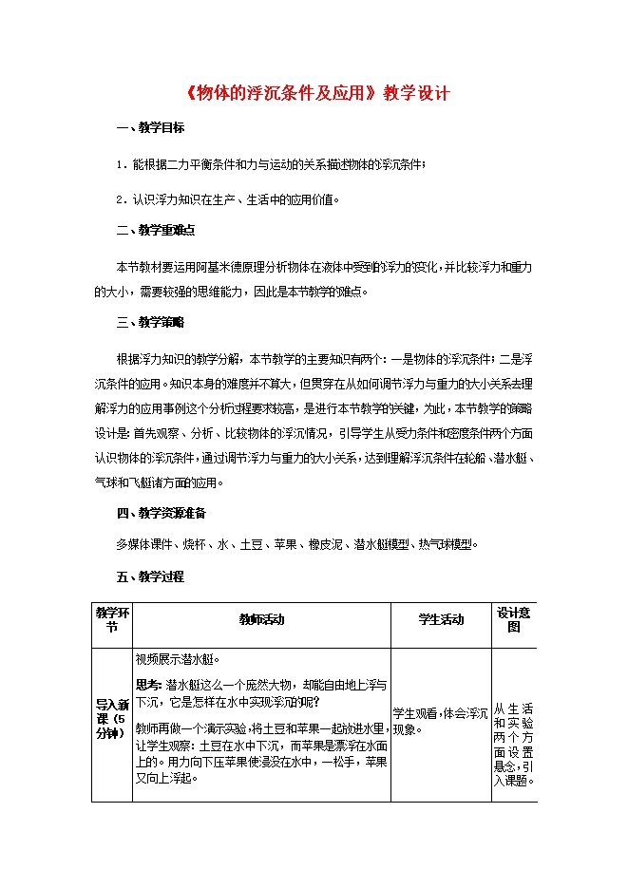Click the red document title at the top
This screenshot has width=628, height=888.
pos(314,94)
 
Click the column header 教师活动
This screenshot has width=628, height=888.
pos(261,620)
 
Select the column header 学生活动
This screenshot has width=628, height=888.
pos(442,620)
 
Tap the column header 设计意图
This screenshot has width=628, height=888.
pos(513,620)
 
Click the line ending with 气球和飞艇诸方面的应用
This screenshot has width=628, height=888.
pos(158,482)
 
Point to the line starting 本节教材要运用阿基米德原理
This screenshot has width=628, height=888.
pos(323,268)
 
